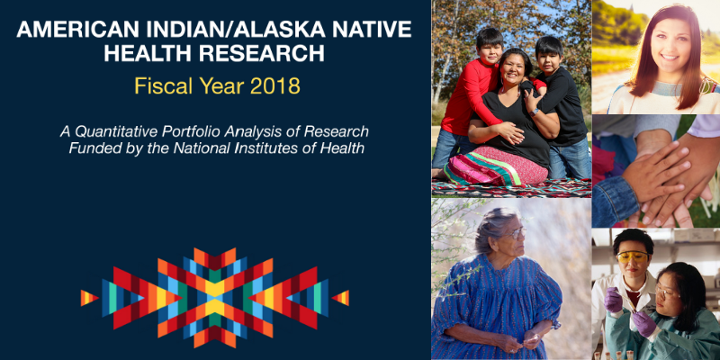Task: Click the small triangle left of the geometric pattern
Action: pos(88,298)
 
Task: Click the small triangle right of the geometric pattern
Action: pos(340,298)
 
